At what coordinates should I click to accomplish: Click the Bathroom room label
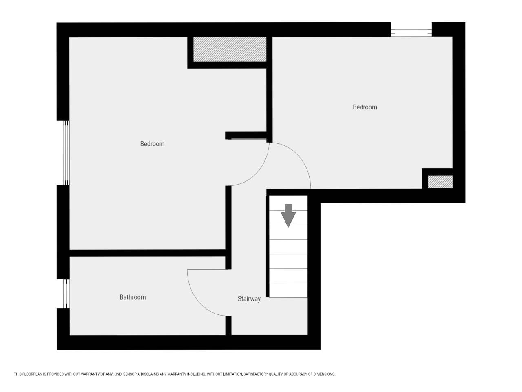(133, 297)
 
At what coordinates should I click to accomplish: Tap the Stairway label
(249, 299)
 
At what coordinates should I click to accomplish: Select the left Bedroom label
(152, 144)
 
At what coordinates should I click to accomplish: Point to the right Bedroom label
(365, 107)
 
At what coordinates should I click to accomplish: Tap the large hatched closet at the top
(230, 49)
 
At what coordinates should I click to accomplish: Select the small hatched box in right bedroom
(440, 182)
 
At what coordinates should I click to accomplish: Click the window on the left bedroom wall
(66, 153)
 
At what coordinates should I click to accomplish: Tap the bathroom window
(66, 294)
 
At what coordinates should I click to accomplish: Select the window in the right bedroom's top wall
(411, 33)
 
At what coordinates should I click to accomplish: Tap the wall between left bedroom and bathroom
(148, 253)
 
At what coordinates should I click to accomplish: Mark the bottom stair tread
(288, 290)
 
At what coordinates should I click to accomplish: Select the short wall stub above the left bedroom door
(246, 136)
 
